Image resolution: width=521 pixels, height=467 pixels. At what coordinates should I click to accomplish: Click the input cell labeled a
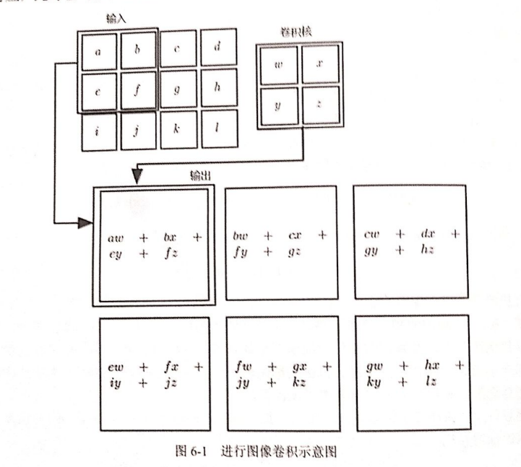pos(98,51)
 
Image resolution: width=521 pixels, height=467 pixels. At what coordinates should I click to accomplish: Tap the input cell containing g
pos(177,90)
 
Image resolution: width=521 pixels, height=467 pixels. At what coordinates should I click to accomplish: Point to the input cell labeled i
pos(98,131)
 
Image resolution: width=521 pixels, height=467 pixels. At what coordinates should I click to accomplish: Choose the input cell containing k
pos(177,131)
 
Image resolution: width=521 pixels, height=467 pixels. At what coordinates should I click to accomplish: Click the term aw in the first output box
pos(116,237)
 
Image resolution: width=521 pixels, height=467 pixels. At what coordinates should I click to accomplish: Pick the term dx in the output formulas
pos(426,235)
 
